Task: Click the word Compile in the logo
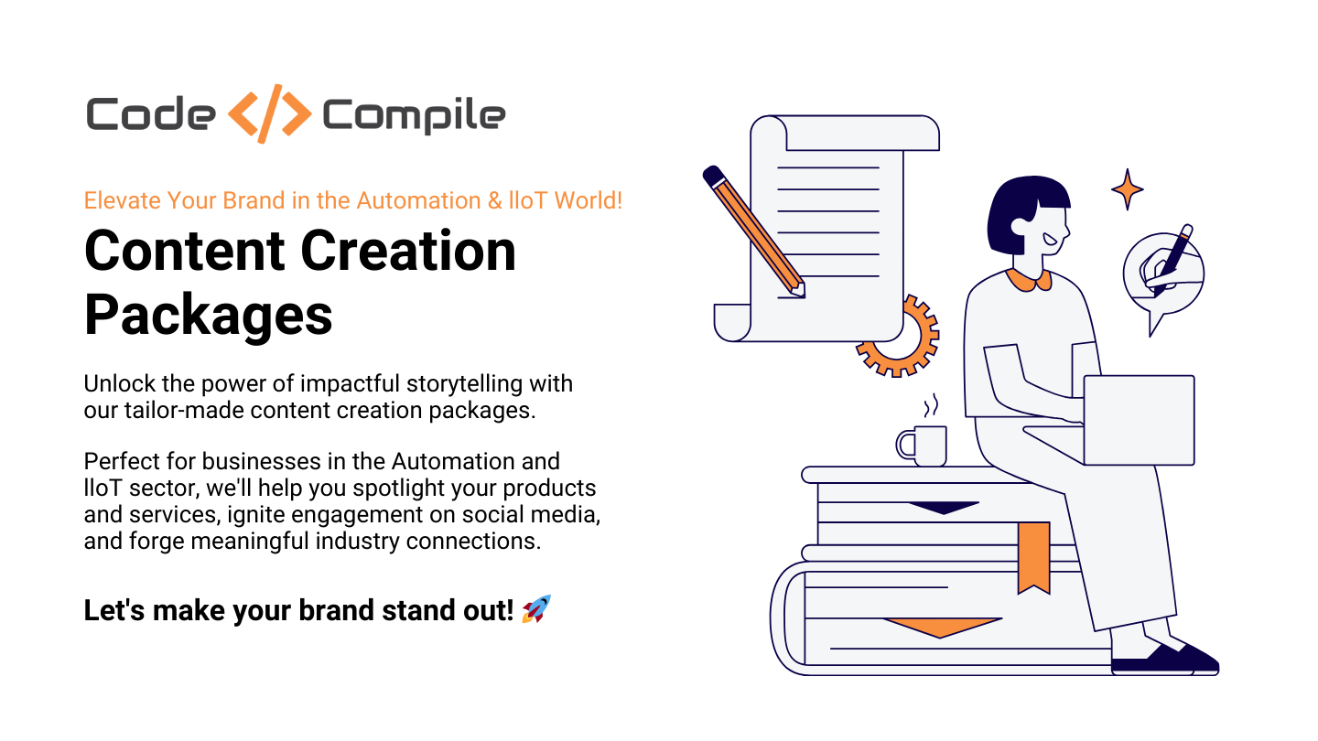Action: [414, 116]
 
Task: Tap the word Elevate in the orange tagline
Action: [122, 200]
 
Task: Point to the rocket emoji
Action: [536, 609]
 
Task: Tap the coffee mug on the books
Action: [924, 446]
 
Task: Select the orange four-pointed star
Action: [1127, 189]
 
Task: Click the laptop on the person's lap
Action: [1138, 420]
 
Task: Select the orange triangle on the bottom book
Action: [942, 627]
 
